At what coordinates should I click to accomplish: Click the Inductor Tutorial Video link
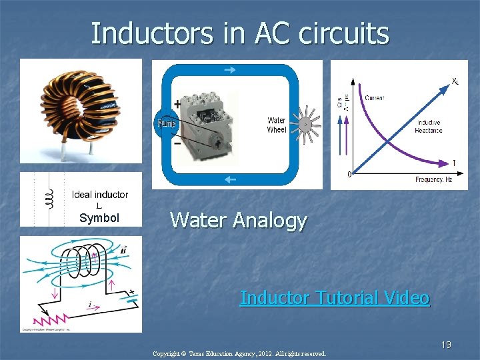[x=335, y=297]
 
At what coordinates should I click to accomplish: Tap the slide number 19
[x=446, y=345]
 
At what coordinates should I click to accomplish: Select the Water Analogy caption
[x=238, y=220]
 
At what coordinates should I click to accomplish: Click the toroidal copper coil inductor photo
[x=80, y=110]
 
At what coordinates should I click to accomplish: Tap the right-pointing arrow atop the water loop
[x=229, y=69]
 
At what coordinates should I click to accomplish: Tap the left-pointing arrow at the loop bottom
[x=229, y=179]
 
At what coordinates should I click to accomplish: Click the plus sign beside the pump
[x=177, y=104]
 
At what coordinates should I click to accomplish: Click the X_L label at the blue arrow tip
[x=455, y=81]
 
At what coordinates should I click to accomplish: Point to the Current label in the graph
[x=374, y=98]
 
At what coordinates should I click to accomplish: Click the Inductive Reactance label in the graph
[x=429, y=127]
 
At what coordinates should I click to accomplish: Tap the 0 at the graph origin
[x=350, y=175]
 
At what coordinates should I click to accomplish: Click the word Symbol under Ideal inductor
[x=99, y=218]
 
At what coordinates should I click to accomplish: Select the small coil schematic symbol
[x=49, y=198]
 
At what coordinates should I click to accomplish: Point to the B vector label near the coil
[x=123, y=251]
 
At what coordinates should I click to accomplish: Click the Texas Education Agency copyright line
[x=239, y=353]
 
